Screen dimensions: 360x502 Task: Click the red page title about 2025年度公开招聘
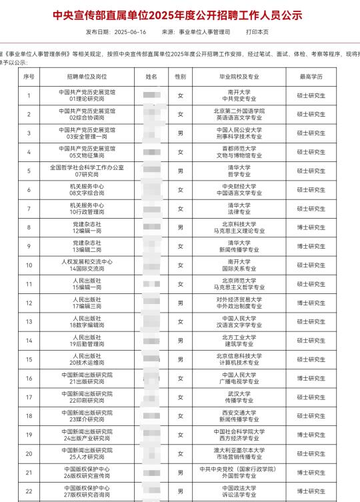pos(179,13)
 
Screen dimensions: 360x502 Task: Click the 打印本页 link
pos(258,32)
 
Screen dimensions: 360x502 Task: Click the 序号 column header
pos(29,77)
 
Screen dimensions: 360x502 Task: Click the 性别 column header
pos(180,77)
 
